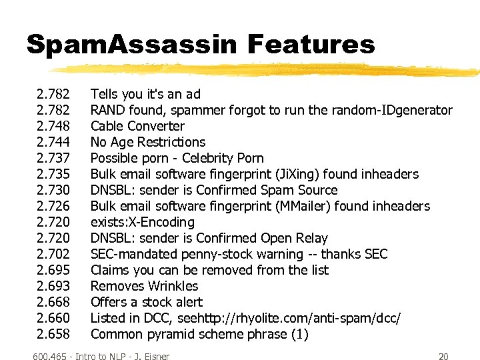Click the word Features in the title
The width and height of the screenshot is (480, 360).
pos(311,45)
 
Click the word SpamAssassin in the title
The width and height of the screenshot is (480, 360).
pos(131,45)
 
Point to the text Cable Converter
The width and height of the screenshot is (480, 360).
pos(137,126)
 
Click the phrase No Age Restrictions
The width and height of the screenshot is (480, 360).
pos(148,142)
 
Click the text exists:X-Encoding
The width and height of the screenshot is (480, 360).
pos(143,222)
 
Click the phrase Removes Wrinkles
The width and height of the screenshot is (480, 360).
pos(144,286)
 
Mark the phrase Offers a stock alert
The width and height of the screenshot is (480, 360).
pos(147,302)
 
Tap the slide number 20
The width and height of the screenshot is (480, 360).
pos(443,356)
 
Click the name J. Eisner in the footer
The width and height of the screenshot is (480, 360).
pos(151,356)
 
